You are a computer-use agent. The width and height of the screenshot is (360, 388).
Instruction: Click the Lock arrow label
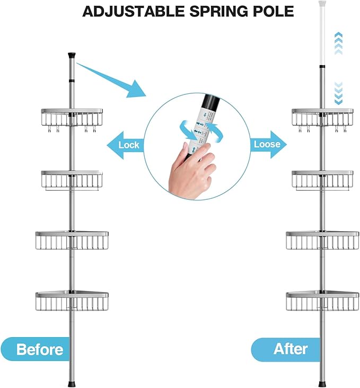[x=127, y=145]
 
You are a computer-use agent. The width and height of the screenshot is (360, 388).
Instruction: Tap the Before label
[x=39, y=349]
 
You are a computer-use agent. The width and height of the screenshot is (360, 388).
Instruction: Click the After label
[x=291, y=349]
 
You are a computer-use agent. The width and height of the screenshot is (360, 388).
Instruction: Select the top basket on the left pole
[x=72, y=118]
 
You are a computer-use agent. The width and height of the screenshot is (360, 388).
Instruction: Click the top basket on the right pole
[x=322, y=118]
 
